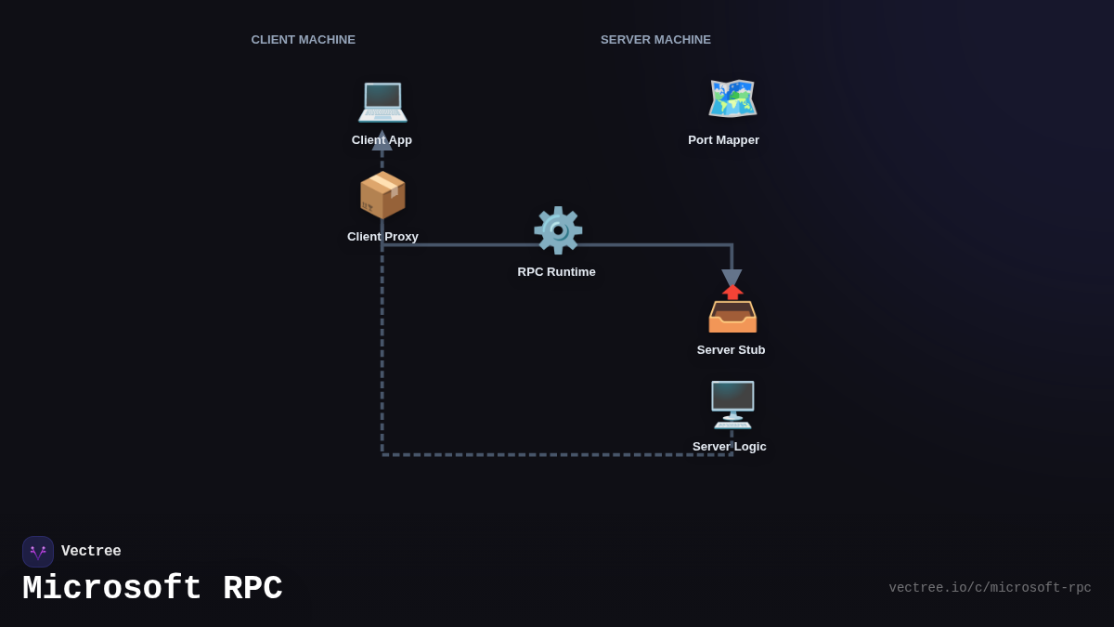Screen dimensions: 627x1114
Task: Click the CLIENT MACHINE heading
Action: click(x=303, y=40)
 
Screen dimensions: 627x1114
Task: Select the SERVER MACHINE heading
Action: click(x=655, y=40)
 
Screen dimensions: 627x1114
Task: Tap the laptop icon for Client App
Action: click(x=382, y=99)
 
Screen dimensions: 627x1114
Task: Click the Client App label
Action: click(x=382, y=140)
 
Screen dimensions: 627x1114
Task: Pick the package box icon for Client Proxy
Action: click(x=382, y=195)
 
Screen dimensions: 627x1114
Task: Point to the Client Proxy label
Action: click(x=382, y=237)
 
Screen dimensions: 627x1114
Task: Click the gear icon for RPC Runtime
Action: click(x=557, y=230)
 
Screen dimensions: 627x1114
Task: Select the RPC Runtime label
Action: click(x=557, y=272)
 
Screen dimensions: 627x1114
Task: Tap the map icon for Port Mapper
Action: click(x=732, y=98)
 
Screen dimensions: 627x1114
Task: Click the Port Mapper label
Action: click(x=723, y=140)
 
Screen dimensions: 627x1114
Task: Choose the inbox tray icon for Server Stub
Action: click(x=732, y=310)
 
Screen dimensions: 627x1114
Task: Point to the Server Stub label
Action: click(x=731, y=350)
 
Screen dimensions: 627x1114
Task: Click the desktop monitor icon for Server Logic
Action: click(x=732, y=404)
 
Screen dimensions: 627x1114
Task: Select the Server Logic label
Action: click(x=729, y=447)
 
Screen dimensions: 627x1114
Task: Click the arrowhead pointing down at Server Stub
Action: click(x=732, y=278)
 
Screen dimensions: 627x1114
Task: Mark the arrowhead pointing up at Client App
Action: click(x=382, y=141)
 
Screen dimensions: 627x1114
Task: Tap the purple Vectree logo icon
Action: click(x=38, y=552)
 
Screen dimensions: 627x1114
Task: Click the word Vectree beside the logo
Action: click(x=91, y=552)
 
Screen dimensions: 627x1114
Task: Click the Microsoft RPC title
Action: click(x=152, y=589)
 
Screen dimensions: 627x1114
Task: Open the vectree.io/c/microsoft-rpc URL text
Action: click(x=990, y=588)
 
